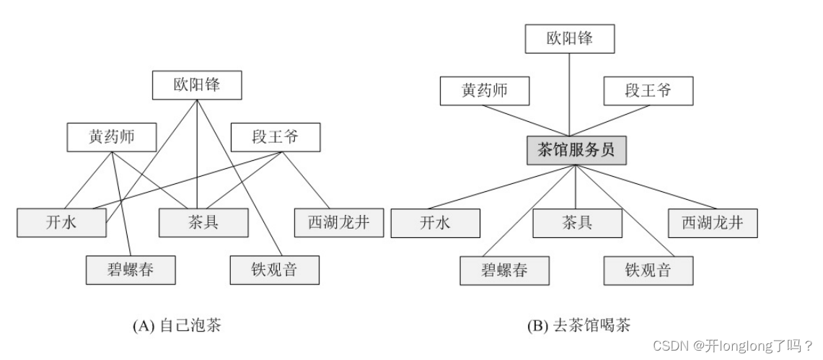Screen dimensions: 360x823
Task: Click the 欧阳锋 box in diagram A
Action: tap(197, 86)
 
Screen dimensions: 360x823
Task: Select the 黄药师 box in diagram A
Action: tap(112, 136)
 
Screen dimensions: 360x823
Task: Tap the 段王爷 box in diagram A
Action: tap(275, 136)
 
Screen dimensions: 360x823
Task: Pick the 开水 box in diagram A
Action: tap(61, 222)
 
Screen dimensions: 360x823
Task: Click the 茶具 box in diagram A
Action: tap(203, 222)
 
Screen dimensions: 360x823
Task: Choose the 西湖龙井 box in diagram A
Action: tap(338, 222)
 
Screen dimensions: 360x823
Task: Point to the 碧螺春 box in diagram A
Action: tap(131, 270)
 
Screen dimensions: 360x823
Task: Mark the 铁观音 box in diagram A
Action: tap(274, 270)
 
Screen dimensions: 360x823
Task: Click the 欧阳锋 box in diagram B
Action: tap(570, 39)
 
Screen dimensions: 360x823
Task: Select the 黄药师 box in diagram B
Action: tap(485, 91)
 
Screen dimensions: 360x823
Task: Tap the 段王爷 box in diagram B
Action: tap(647, 91)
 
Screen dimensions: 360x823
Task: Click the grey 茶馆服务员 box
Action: tap(574, 151)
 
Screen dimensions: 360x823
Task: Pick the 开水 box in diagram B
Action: tap(435, 223)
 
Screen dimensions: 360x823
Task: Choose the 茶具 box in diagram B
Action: tap(577, 223)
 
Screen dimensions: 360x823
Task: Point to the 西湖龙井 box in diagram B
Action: tap(713, 223)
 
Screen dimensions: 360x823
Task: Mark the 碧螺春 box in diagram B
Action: tap(504, 271)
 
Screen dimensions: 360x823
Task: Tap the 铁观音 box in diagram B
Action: tap(648, 271)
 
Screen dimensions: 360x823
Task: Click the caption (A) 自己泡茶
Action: tap(177, 326)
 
